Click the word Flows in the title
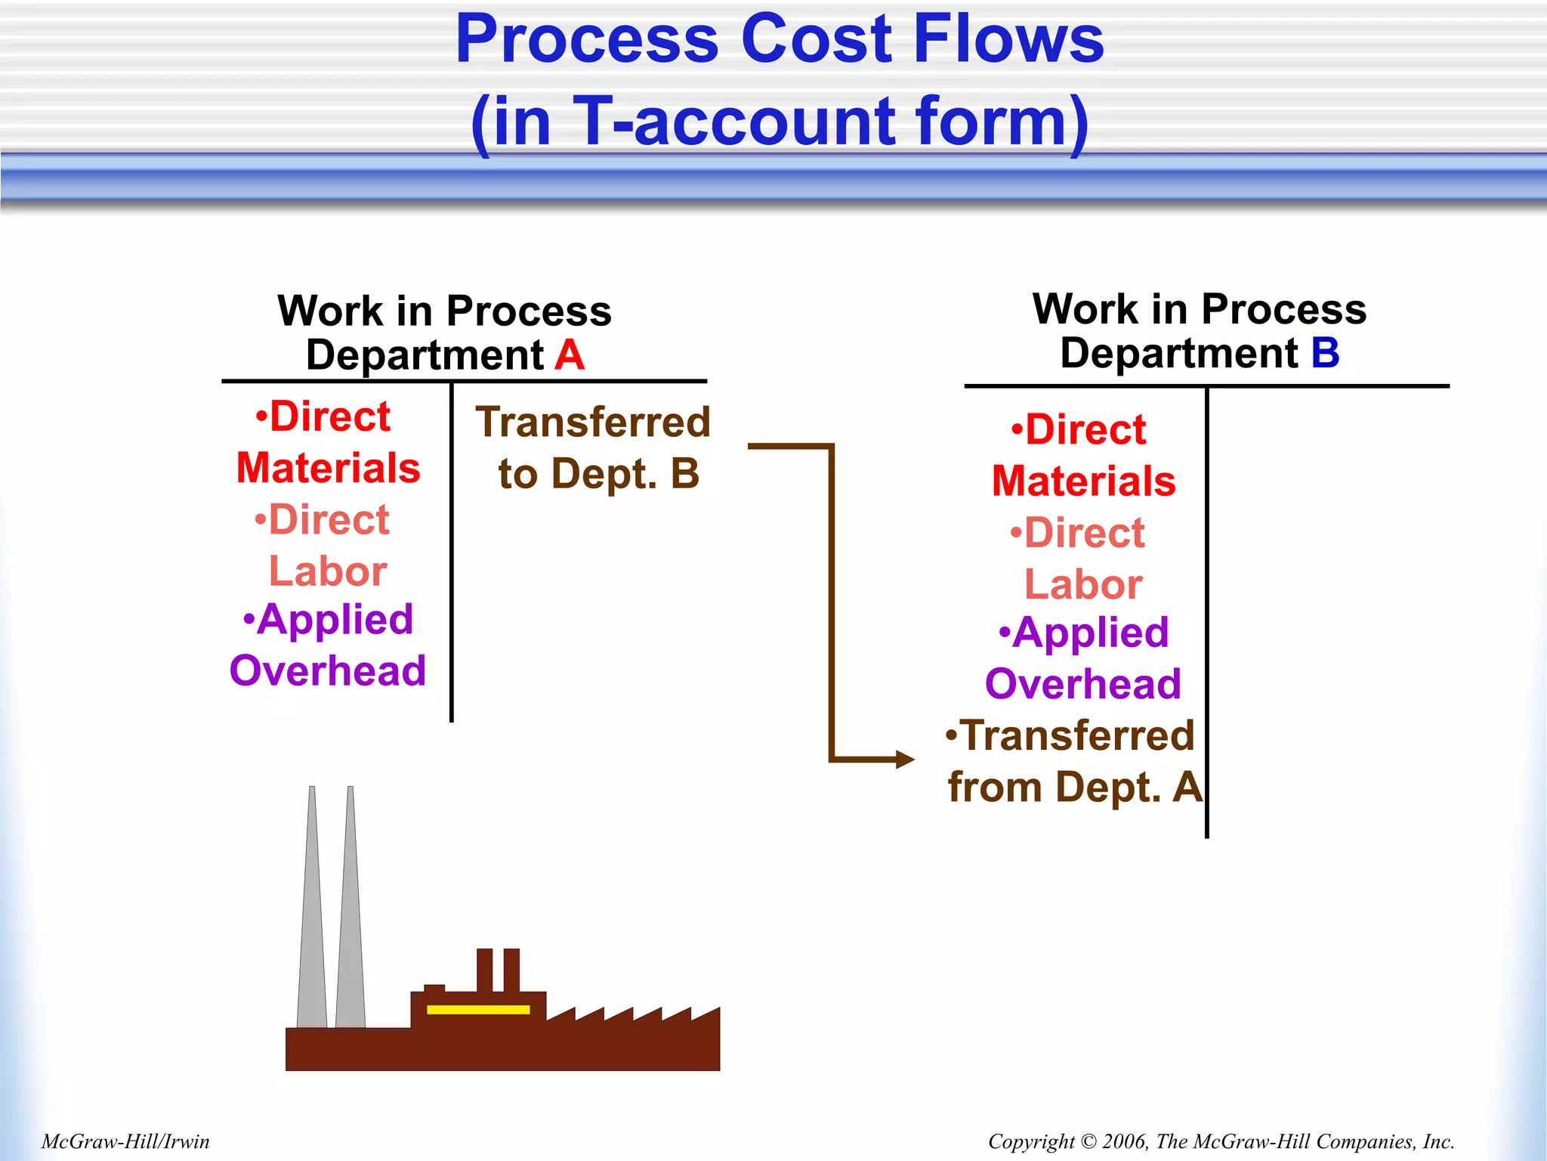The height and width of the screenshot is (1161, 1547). pos(1008,39)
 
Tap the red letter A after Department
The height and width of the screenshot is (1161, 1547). pos(570,355)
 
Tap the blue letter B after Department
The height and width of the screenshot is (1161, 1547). pos(1325,353)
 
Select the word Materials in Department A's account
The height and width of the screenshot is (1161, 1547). pos(328,469)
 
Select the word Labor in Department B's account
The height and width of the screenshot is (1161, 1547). pos(1083,585)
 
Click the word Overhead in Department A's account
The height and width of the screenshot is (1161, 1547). pos(328,671)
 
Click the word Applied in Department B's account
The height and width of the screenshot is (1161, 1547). pos(1091,633)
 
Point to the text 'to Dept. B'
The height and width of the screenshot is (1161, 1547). pos(598,475)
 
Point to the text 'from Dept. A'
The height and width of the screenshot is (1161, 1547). pos(1074,788)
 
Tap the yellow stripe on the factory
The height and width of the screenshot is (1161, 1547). pos(478,1009)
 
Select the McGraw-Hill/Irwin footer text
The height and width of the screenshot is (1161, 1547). pos(125,1141)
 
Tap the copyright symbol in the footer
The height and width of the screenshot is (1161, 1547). pos(1088,1141)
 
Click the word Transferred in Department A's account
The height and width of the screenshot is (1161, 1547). pos(593,423)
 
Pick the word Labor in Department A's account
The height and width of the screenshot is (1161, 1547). pos(328,571)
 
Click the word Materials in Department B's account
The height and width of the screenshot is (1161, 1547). pos(1083,481)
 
